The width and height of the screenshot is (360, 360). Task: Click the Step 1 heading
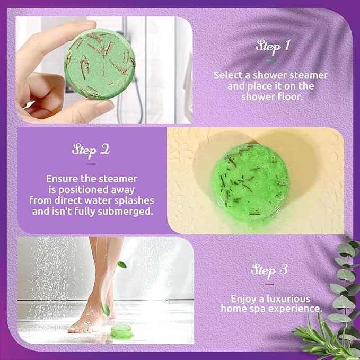point(273,46)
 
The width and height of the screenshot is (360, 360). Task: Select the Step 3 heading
point(270,270)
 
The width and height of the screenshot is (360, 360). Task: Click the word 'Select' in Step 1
point(227,75)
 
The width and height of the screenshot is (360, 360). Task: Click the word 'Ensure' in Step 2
point(60,179)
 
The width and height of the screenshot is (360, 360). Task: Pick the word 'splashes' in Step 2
point(136,200)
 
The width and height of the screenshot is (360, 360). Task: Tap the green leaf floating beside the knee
point(121,264)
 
